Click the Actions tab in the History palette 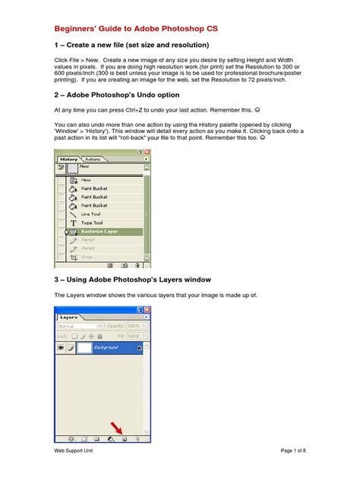92,159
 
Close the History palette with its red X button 147,152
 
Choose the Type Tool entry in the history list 93,223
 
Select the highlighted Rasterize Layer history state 99,232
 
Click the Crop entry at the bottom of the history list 88,257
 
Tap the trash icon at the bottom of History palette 137,266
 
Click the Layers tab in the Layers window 71,317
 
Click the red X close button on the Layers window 147,310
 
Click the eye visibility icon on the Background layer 61,347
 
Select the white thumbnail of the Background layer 83,347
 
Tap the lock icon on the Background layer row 139,347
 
